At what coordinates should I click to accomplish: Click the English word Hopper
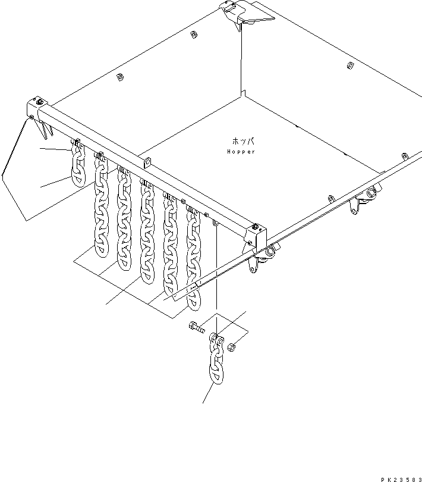point(241,152)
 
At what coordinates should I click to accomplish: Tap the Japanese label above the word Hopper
point(243,142)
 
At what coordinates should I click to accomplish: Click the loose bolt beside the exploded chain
point(197,327)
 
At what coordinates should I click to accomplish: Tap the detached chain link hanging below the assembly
point(215,366)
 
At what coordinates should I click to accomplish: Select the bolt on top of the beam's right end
point(255,227)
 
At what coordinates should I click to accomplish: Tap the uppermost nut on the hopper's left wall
point(193,35)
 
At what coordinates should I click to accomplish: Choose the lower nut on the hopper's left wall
point(119,77)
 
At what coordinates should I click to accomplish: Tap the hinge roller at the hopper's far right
point(370,195)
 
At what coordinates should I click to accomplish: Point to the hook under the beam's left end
point(46,127)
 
